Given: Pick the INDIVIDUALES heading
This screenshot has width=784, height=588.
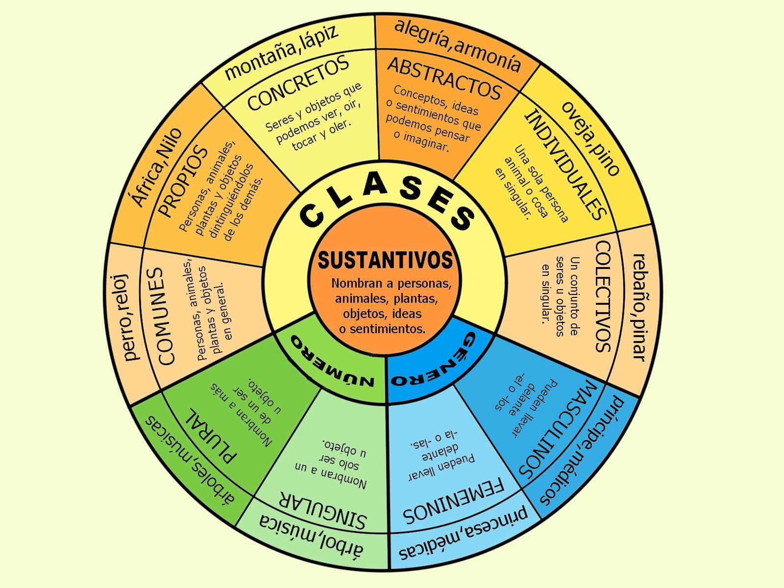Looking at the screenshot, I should point(566,164).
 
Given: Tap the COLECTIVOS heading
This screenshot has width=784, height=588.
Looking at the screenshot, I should point(603,296).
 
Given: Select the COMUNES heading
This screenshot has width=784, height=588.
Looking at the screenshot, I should point(167,316).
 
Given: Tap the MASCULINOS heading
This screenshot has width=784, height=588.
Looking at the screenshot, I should point(556,429).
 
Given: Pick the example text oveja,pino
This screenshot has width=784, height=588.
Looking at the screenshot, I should point(590,137).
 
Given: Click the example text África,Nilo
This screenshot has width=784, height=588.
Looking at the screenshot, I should point(154,167).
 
